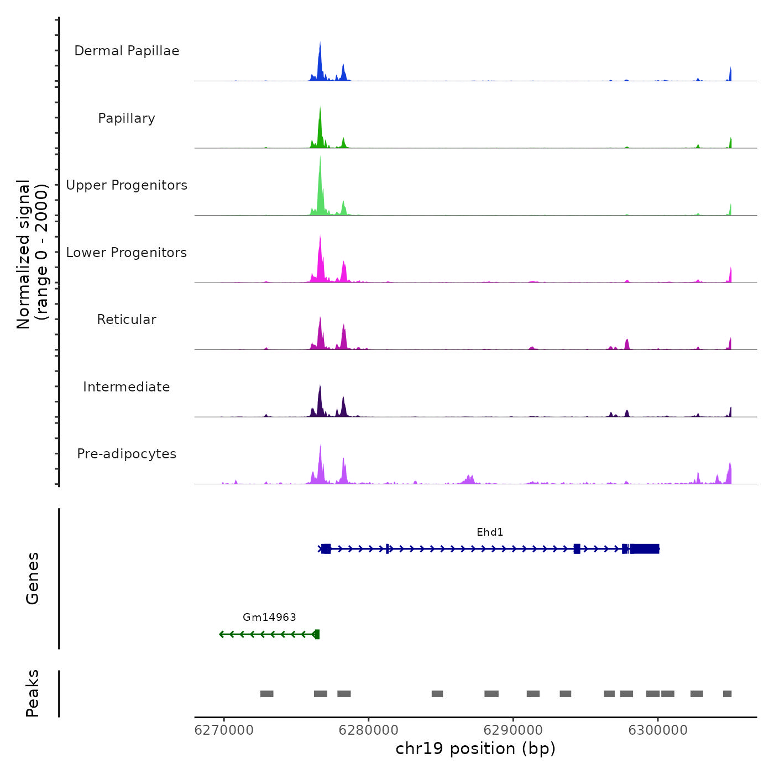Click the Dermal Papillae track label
(127, 51)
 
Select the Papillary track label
(127, 118)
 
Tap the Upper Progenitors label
(127, 185)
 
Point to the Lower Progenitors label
(127, 253)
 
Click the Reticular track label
(127, 320)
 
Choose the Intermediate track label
(127, 387)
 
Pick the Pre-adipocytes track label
(127, 454)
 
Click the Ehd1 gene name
(490, 532)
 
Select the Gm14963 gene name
(269, 618)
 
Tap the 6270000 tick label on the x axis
(224, 730)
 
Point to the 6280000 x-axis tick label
(369, 730)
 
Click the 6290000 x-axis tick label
(513, 730)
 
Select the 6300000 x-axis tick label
(658, 730)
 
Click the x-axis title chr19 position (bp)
(475, 749)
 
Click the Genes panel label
(33, 578)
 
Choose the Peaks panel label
(33, 693)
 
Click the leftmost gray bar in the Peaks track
(266, 694)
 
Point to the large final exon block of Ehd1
(645, 549)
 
